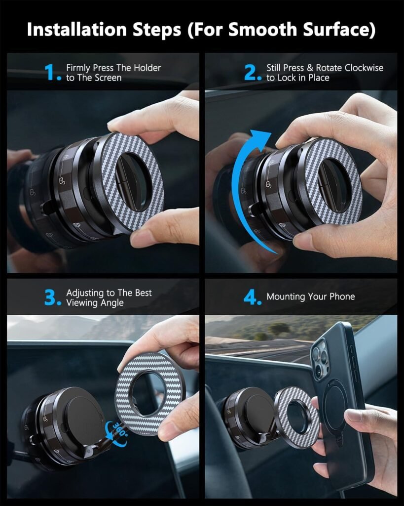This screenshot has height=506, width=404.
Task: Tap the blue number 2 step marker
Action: (252, 73)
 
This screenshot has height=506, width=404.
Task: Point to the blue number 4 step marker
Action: (252, 298)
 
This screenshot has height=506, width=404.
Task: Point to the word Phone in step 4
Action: (341, 296)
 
